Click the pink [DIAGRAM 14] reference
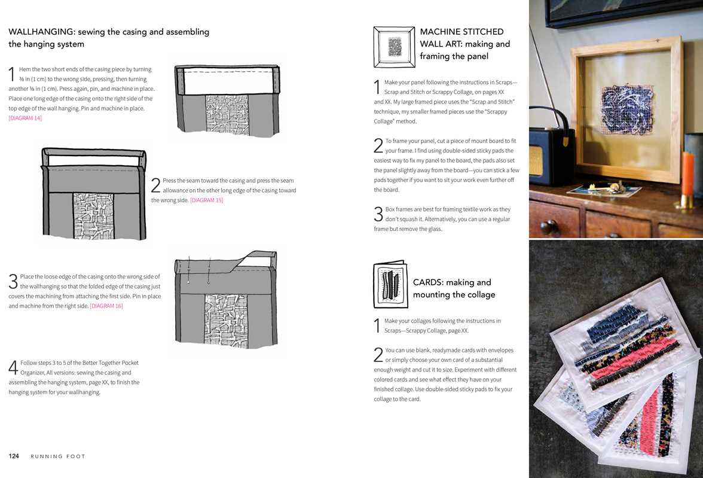pyautogui.click(x=25, y=118)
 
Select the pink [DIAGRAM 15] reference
pyautogui.click(x=206, y=200)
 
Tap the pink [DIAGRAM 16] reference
pyautogui.click(x=106, y=306)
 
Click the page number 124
pyautogui.click(x=14, y=456)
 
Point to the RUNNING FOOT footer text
pyautogui.click(x=58, y=456)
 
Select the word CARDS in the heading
pyautogui.click(x=427, y=282)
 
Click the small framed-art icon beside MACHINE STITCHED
pyautogui.click(x=394, y=47)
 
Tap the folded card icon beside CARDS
pyautogui.click(x=390, y=285)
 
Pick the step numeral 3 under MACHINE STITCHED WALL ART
pyautogui.click(x=378, y=214)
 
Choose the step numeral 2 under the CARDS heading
pyautogui.click(x=378, y=355)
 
